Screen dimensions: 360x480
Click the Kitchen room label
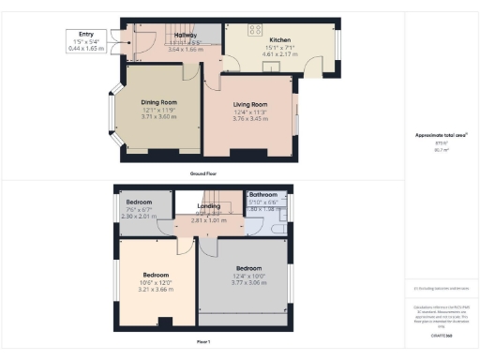click(x=280, y=40)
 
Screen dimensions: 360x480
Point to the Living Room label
click(x=250, y=104)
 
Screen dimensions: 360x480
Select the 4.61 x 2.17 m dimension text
click(x=280, y=54)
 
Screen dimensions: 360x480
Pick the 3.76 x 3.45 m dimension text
click(x=250, y=120)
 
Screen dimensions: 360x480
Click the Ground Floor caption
click(x=203, y=173)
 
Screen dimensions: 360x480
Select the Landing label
click(x=209, y=205)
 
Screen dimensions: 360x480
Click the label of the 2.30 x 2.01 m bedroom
click(x=139, y=202)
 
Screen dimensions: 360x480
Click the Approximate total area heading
click(x=442, y=135)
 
